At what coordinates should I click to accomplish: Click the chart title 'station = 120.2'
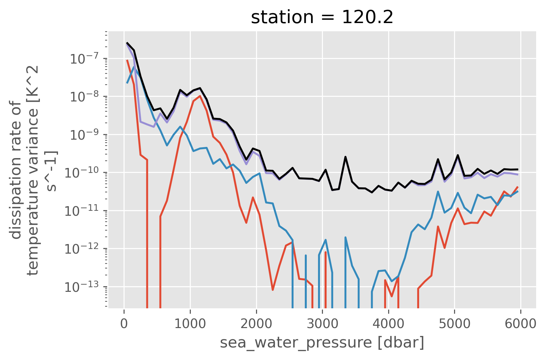(x=322, y=17)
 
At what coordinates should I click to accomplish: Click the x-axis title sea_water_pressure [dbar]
(x=322, y=343)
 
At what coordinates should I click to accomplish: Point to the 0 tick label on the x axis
(x=124, y=324)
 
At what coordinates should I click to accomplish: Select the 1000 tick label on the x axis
(x=190, y=324)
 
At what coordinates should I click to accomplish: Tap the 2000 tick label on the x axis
(x=256, y=324)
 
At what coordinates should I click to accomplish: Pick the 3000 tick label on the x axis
(x=322, y=324)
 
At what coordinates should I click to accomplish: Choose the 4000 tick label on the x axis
(x=388, y=324)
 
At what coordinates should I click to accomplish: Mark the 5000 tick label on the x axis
(x=454, y=324)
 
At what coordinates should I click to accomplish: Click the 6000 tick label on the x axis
(x=521, y=324)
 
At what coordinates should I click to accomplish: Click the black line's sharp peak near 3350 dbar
(x=345, y=157)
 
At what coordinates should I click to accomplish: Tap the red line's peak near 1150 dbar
(x=200, y=96)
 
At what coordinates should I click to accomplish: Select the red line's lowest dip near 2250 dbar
(x=273, y=290)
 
